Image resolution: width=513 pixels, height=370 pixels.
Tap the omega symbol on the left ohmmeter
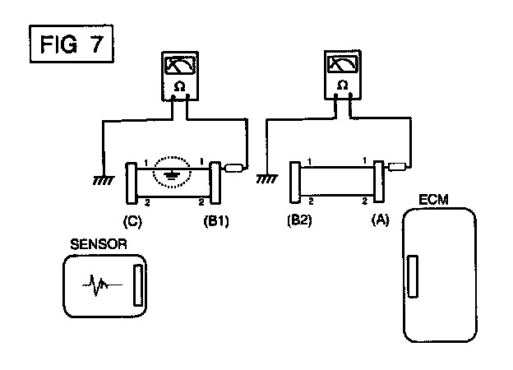[x=179, y=86]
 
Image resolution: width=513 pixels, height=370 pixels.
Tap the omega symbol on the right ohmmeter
[x=342, y=85]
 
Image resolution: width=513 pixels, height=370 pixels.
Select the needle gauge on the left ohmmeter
[x=180, y=66]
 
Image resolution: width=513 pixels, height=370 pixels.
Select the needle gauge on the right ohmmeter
[x=343, y=64]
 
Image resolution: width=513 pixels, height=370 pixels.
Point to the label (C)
[x=132, y=221]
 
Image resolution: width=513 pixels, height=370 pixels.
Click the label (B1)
[x=216, y=221]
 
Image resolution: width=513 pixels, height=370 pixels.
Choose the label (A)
[x=381, y=220]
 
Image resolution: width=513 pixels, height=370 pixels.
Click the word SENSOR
[x=99, y=244]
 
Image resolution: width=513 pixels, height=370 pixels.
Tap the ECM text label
[x=433, y=200]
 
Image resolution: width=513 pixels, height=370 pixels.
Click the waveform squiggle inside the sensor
[x=102, y=285]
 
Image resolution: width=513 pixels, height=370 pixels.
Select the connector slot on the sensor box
[x=138, y=285]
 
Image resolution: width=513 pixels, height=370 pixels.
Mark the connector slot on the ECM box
[x=413, y=276]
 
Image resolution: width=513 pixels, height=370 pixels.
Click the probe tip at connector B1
[x=233, y=168]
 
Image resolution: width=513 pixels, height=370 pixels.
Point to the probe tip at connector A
[x=397, y=167]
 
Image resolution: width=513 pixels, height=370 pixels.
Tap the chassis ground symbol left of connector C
[x=104, y=180]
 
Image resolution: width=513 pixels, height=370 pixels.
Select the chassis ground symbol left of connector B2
[x=267, y=178]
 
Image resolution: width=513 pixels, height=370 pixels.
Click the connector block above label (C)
[x=132, y=183]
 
